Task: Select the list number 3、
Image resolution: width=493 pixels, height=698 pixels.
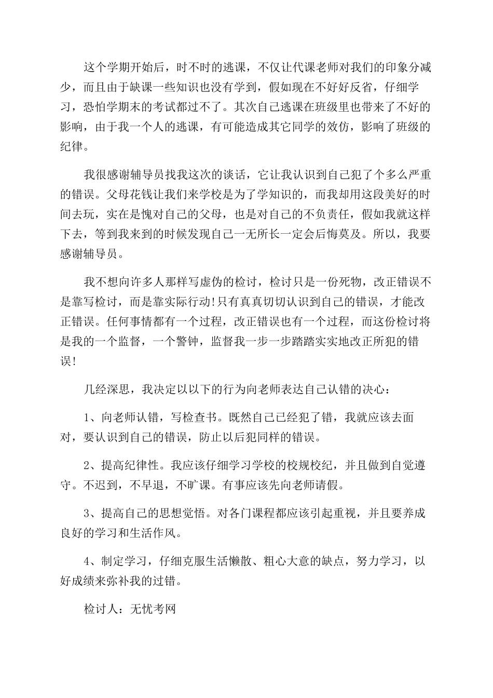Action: tap(90, 513)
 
